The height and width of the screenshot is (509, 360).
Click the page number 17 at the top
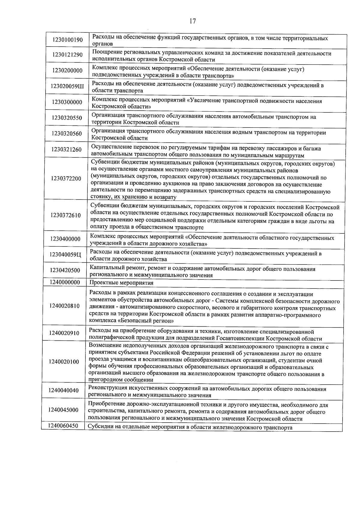(x=193, y=21)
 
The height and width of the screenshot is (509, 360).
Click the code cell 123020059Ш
(x=67, y=87)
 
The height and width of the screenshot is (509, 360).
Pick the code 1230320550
(x=67, y=118)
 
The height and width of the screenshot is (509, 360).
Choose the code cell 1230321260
(x=66, y=149)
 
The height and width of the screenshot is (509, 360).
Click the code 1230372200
(x=66, y=179)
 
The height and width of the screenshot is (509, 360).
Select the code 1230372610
(x=66, y=215)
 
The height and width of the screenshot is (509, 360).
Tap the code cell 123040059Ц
(x=65, y=255)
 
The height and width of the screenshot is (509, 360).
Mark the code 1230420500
(x=65, y=271)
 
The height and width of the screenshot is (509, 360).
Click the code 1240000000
(x=65, y=282)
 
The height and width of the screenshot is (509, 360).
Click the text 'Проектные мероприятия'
(x=121, y=283)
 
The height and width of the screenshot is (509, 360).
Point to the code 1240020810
(x=65, y=306)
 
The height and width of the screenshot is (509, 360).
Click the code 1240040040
(x=64, y=390)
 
